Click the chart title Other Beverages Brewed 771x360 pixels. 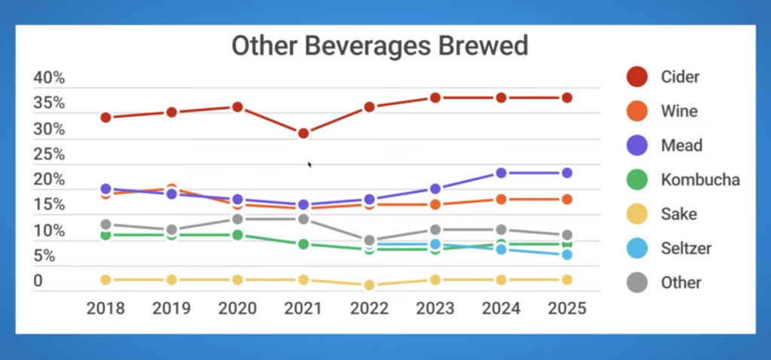click(379, 46)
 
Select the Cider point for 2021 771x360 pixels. click(303, 133)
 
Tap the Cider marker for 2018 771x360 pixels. click(106, 117)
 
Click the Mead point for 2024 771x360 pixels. click(501, 173)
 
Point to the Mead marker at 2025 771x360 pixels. click(566, 173)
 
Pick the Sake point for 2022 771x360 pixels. click(369, 285)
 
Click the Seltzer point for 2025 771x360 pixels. click(566, 255)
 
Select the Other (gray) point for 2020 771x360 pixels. click(237, 219)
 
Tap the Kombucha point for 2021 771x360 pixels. click(303, 244)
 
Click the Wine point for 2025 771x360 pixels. click(566, 200)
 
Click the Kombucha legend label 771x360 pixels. click(700, 180)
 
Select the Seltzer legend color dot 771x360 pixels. click(637, 248)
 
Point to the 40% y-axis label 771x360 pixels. click(50, 78)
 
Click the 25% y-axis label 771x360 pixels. click(50, 155)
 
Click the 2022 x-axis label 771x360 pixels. click(369, 309)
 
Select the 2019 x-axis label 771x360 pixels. click(172, 309)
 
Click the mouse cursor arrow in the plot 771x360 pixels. click(309, 164)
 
